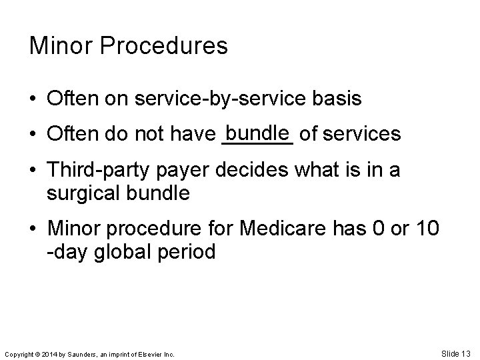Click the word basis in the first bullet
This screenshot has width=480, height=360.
pyautogui.click(x=338, y=99)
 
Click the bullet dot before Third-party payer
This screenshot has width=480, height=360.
pyautogui.click(x=33, y=171)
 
